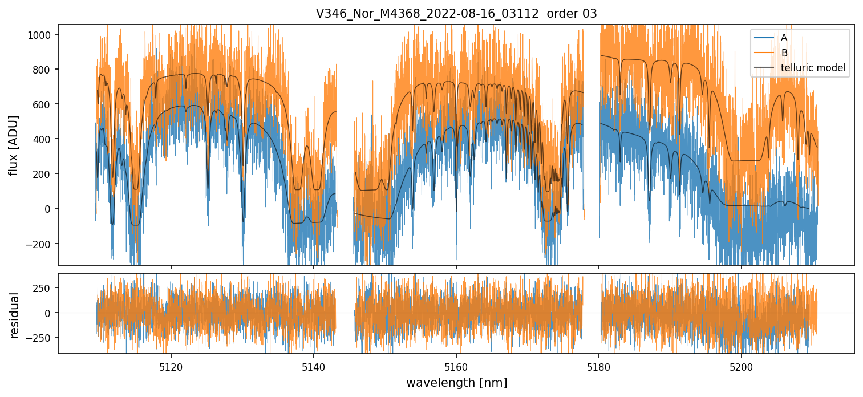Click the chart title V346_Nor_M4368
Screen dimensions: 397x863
click(x=427, y=14)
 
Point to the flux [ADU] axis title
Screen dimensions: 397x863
click(x=14, y=145)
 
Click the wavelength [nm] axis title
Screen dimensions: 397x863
click(x=456, y=382)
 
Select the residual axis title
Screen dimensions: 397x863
click(x=14, y=315)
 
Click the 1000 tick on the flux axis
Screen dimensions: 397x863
click(x=40, y=35)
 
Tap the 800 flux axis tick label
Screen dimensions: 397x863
click(x=43, y=70)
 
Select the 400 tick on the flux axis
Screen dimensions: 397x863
click(x=43, y=139)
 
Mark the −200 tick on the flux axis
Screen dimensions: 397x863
click(x=40, y=244)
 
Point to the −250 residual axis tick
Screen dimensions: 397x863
click(x=41, y=338)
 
